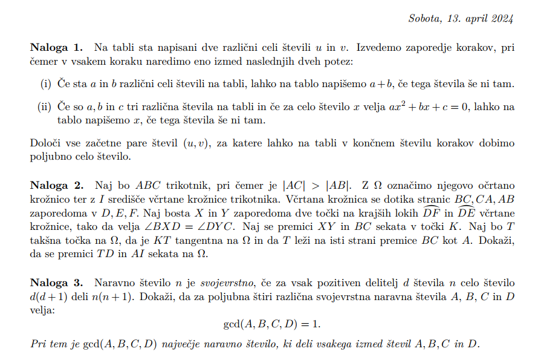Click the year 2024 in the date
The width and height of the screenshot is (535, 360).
click(x=501, y=18)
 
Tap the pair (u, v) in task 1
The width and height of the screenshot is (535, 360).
click(x=196, y=143)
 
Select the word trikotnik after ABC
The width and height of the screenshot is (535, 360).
click(x=184, y=185)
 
